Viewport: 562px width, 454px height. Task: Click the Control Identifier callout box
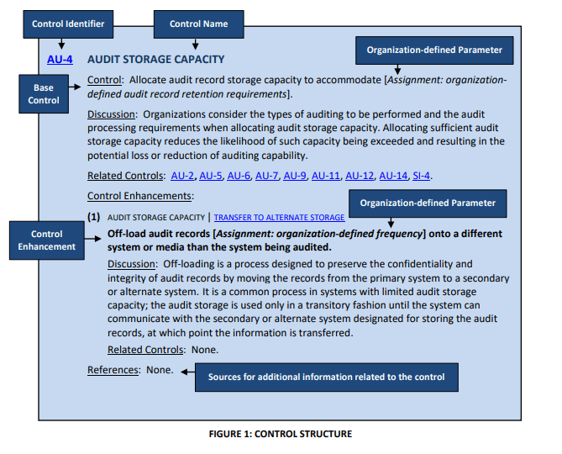point(68,24)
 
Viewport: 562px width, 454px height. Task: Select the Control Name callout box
point(198,24)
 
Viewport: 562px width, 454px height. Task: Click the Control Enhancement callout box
point(46,240)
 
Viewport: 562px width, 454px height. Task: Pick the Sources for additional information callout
point(327,376)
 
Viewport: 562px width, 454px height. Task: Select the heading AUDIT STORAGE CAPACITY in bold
point(156,60)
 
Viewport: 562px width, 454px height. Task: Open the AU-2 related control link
point(183,176)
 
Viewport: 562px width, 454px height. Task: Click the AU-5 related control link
point(211,176)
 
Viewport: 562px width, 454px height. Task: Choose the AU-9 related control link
point(295,176)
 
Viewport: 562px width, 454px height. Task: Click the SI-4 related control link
point(421,176)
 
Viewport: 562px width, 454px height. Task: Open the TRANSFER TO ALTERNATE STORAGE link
point(274,217)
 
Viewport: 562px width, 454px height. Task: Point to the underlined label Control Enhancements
point(140,196)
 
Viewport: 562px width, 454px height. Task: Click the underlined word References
point(113,370)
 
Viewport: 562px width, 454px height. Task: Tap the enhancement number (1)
point(95,217)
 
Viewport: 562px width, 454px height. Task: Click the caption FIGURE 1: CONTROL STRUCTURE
point(281,434)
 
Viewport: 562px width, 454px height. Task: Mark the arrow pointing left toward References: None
point(188,371)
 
